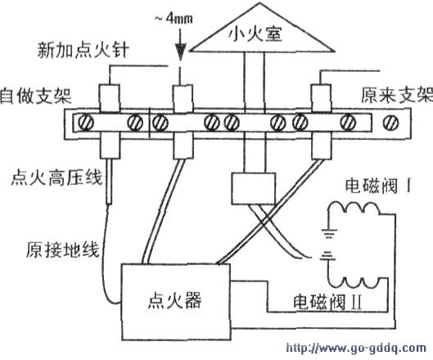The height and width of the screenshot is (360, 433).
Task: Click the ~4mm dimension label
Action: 174,19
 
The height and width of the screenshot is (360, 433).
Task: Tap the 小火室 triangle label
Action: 255,35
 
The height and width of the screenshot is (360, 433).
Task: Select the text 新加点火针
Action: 83,50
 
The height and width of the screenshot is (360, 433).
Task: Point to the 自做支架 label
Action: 35,96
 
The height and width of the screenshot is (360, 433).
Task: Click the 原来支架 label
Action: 397,95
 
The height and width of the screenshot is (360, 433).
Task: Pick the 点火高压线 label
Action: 56,178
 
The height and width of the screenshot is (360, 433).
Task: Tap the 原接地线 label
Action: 62,250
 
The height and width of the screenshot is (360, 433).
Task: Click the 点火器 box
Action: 176,302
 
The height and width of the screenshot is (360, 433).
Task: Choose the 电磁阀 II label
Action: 327,302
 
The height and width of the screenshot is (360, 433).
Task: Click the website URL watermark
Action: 356,348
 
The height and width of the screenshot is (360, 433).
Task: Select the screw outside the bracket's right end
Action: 391,122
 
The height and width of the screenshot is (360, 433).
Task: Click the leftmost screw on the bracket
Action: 86,122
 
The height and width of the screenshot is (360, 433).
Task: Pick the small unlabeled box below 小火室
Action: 254,188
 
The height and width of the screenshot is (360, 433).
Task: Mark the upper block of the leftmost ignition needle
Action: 110,98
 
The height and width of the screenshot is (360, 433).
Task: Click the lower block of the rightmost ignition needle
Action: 321,145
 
